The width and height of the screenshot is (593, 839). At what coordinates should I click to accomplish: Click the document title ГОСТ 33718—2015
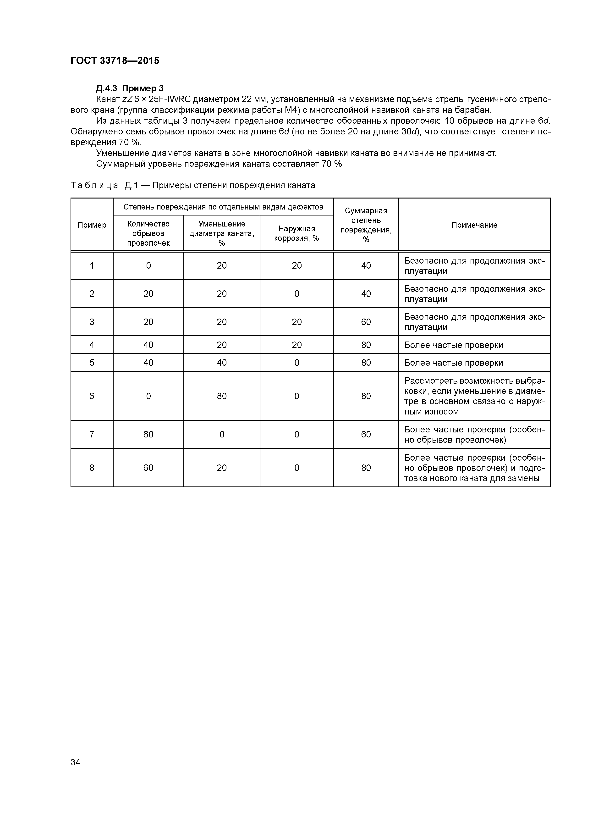[115, 61]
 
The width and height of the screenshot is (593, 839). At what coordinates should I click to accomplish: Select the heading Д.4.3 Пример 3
[130, 88]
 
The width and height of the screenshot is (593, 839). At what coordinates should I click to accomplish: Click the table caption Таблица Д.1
[192, 185]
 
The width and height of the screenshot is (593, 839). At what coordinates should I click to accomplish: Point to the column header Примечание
[474, 225]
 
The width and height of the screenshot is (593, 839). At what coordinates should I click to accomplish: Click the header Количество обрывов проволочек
[148, 233]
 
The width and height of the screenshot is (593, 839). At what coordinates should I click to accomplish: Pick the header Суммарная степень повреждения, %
[366, 225]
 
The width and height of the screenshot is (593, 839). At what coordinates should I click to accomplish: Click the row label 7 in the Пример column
[92, 434]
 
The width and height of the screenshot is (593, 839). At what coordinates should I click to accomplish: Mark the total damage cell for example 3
[366, 322]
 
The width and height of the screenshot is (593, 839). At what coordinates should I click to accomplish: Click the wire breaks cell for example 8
[148, 468]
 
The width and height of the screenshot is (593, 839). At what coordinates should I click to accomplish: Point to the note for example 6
[474, 396]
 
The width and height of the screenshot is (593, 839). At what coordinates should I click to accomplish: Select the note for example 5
[453, 363]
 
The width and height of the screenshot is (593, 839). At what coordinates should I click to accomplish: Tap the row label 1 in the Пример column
[92, 266]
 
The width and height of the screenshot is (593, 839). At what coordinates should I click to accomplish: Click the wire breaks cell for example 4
[148, 345]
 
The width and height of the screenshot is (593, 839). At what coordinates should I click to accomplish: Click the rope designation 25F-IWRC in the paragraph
[173, 99]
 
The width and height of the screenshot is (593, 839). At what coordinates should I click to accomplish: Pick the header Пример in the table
[92, 225]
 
